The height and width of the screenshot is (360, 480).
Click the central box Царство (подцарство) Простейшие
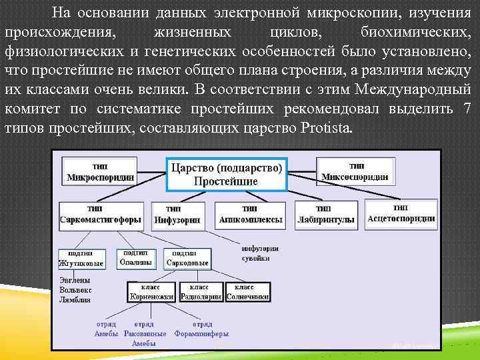point(226,173)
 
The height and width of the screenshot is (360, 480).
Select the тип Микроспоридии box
point(100,171)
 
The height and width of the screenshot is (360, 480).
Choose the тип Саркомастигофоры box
point(99,215)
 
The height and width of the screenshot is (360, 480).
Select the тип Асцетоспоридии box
point(401,213)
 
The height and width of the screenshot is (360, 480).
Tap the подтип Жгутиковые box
point(81,259)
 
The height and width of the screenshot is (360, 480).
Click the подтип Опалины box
point(136,258)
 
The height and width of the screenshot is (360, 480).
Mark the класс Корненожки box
point(152,291)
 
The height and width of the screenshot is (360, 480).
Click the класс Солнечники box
point(247,291)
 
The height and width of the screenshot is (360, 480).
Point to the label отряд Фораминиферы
point(201,329)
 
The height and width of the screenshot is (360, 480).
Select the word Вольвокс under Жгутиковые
point(75,291)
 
